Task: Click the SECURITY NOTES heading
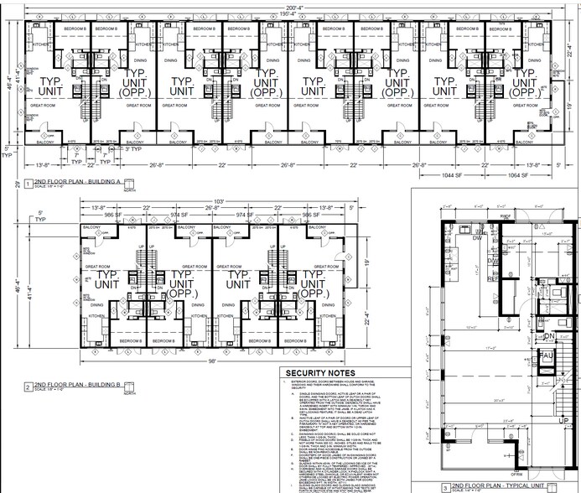pos(319,374)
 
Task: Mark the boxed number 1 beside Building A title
pos(29,184)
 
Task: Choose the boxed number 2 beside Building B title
pos(29,389)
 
